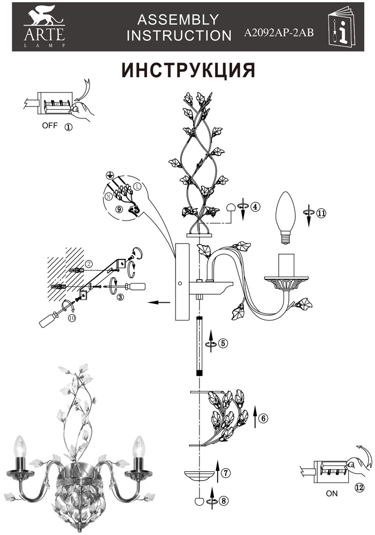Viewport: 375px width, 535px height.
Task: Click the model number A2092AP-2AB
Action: (x=278, y=33)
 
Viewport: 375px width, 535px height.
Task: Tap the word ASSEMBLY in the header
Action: (x=178, y=20)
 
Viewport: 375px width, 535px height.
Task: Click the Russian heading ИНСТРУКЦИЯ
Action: (x=188, y=70)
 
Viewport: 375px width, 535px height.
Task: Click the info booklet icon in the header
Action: (x=341, y=27)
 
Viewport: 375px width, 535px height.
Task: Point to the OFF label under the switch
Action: (x=50, y=125)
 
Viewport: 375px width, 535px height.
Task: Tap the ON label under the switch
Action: (x=332, y=493)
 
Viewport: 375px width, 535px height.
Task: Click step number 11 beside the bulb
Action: (x=322, y=213)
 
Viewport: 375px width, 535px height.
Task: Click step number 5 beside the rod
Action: (x=223, y=342)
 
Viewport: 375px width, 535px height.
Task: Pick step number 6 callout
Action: (x=263, y=418)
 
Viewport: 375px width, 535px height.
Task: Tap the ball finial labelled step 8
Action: (x=198, y=502)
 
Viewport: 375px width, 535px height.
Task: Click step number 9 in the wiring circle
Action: (x=119, y=209)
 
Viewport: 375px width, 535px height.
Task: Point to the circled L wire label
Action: (x=137, y=187)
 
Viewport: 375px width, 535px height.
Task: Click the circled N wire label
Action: (x=108, y=196)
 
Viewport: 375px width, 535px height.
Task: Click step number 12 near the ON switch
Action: (x=359, y=487)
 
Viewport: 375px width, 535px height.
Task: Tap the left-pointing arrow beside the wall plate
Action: (x=159, y=302)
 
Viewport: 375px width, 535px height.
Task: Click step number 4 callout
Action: (x=255, y=207)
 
